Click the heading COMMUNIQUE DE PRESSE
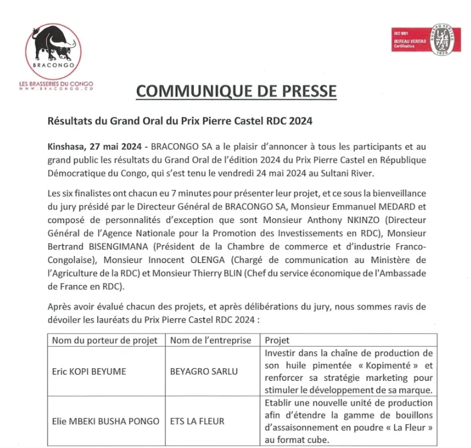(236, 91)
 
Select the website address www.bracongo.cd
(54, 89)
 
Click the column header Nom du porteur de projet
(105, 340)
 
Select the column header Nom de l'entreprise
(210, 340)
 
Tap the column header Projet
(277, 340)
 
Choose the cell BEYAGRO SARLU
(204, 371)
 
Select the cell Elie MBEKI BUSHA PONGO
(105, 421)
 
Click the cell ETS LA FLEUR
(197, 421)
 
